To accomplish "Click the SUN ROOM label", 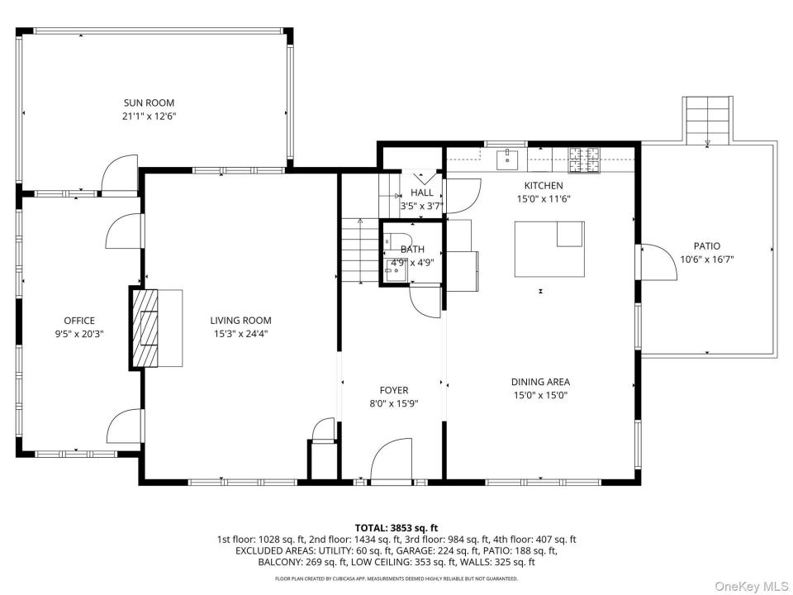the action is pyautogui.click(x=149, y=102).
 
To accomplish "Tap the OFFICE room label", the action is pyautogui.click(x=79, y=321).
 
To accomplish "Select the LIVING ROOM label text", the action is pyautogui.click(x=240, y=321).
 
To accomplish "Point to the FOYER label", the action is pyautogui.click(x=394, y=391).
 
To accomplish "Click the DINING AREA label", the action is pyautogui.click(x=540, y=382).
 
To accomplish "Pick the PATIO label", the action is pyautogui.click(x=707, y=246).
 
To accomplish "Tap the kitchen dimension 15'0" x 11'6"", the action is pyautogui.click(x=544, y=199).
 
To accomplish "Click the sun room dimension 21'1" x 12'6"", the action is pyautogui.click(x=150, y=117).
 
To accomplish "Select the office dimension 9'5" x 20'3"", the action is pyautogui.click(x=79, y=334).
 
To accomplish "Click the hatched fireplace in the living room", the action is pyautogui.click(x=144, y=327).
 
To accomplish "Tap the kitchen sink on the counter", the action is pyautogui.click(x=507, y=159).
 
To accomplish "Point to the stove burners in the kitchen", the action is pyautogui.click(x=584, y=159).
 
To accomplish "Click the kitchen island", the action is pyautogui.click(x=550, y=249).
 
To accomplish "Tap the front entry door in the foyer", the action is pyautogui.click(x=392, y=459).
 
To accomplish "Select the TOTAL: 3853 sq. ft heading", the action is pyautogui.click(x=396, y=529).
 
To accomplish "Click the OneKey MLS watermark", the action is pyautogui.click(x=752, y=586).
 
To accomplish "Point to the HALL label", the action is pyautogui.click(x=422, y=193).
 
